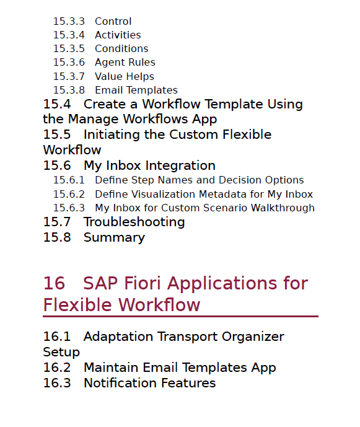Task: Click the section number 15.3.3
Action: (69, 21)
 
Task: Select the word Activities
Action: (118, 35)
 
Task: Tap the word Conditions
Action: (121, 48)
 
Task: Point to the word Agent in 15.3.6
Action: (108, 63)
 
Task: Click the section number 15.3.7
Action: (69, 76)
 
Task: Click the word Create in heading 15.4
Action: (104, 104)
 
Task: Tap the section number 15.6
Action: (57, 165)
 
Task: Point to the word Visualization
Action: (164, 194)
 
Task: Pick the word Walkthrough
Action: (283, 208)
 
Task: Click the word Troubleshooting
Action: (134, 222)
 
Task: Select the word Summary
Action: (115, 238)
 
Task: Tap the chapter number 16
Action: (54, 283)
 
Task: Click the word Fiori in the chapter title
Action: (142, 283)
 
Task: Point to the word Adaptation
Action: (118, 337)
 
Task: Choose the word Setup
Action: (61, 352)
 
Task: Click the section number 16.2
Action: (57, 368)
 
